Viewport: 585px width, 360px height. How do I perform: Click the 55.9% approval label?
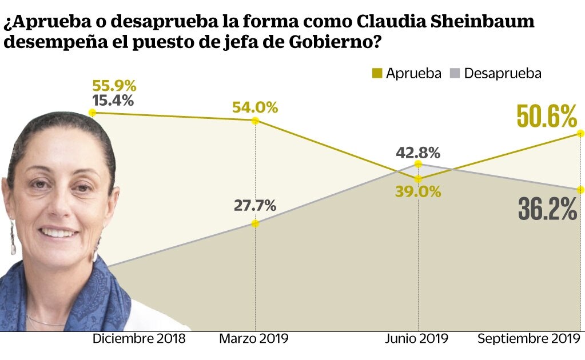click(114, 86)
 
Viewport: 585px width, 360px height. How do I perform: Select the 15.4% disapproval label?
click(113, 101)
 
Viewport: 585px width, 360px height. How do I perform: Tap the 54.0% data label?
click(255, 107)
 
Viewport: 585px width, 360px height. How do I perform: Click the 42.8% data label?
click(418, 153)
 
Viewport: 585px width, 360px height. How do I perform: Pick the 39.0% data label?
click(418, 192)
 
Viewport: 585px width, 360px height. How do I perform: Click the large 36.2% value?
click(547, 209)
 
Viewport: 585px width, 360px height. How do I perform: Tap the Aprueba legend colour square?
click(377, 73)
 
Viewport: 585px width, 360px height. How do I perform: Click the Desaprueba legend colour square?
click(455, 73)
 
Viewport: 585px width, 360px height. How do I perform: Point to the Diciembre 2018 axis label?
click(139, 339)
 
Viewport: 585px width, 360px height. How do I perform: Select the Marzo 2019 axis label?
click(254, 339)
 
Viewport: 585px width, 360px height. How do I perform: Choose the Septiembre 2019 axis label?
click(528, 339)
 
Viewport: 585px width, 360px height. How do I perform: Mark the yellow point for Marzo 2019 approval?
click(255, 121)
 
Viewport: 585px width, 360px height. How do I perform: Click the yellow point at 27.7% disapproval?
click(255, 223)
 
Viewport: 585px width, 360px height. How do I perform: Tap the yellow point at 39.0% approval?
click(418, 179)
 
